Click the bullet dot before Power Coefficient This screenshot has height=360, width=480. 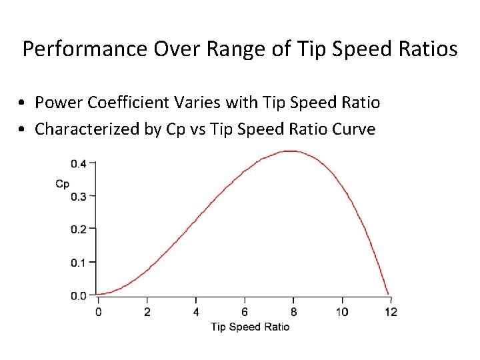click(23, 103)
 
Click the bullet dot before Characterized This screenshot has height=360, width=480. click(23, 129)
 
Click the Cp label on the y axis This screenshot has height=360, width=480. click(62, 183)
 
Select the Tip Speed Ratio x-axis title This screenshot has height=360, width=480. click(250, 326)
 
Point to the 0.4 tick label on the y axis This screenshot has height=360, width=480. click(79, 163)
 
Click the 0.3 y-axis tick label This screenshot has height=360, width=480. click(79, 196)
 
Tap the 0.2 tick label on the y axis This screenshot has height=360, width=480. click(79, 229)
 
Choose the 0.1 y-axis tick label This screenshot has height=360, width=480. click(79, 262)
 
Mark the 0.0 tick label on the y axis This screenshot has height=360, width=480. click(79, 295)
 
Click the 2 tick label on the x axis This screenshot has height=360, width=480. click(147, 311)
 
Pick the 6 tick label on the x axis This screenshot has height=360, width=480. click(245, 311)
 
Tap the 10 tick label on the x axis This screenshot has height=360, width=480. click(342, 311)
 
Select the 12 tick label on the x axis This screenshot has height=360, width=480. click(391, 311)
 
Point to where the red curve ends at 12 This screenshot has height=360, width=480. click(389, 294)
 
